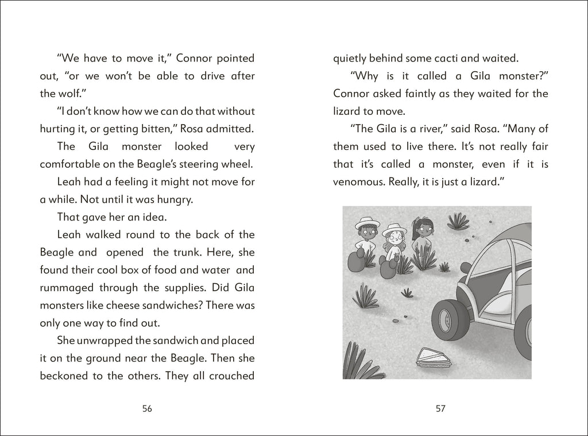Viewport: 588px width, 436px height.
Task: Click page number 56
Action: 147,409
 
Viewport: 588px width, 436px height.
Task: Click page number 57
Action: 441,409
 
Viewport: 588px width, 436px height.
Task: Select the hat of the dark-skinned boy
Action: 366,221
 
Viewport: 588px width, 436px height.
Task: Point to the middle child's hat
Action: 393,229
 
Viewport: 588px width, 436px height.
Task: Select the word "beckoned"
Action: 64,376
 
